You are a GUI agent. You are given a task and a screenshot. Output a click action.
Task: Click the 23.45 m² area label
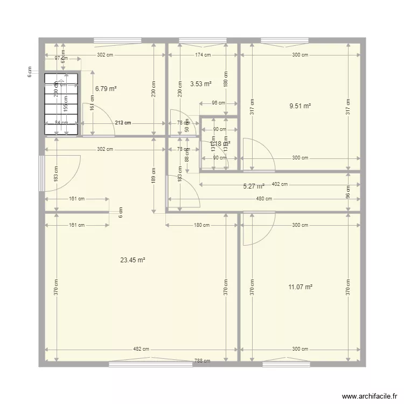coord(133,260)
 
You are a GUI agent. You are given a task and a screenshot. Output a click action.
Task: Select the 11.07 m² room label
coord(301,287)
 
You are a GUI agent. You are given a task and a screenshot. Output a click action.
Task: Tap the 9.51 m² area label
coord(300,106)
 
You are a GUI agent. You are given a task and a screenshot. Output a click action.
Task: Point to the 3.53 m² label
coord(201,83)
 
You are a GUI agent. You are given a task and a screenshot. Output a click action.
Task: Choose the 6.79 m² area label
coord(106,89)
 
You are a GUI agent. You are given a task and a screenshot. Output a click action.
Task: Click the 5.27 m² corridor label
coord(254,187)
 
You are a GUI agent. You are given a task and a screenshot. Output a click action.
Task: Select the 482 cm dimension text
coord(142,350)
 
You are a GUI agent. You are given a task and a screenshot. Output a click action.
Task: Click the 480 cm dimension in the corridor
coord(264,198)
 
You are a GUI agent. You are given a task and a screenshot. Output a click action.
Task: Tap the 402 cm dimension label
coord(280,184)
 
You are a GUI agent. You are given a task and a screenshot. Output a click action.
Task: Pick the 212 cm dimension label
coord(123,123)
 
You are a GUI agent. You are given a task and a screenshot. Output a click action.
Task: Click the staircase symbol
coord(60,103)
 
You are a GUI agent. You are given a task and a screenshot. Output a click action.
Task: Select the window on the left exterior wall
coord(41,173)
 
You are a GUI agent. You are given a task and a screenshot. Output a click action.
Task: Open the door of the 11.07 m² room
coord(257,228)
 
